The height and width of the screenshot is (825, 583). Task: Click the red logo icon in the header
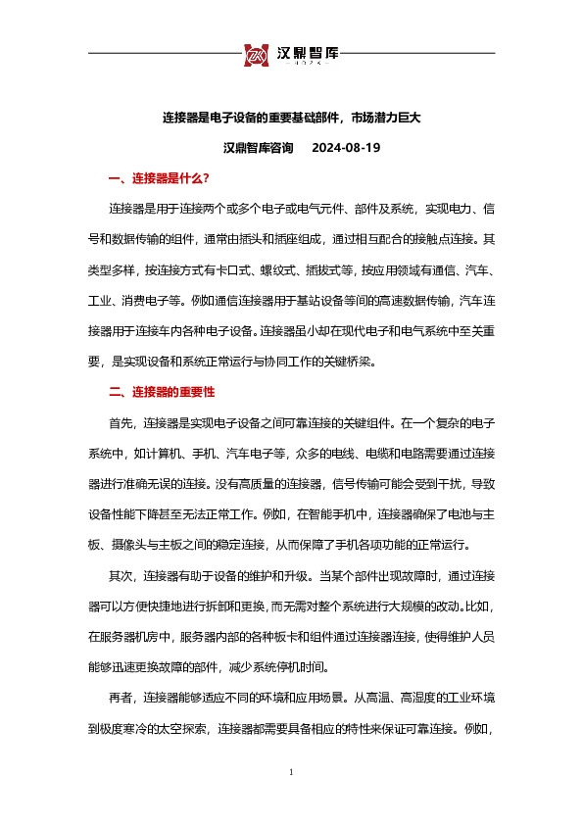coord(257,54)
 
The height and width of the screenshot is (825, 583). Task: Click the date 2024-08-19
coord(345,148)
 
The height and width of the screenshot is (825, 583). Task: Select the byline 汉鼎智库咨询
coord(258,148)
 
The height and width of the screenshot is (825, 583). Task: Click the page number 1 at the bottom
coord(292,773)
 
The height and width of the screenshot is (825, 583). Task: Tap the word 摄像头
coord(143,545)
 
